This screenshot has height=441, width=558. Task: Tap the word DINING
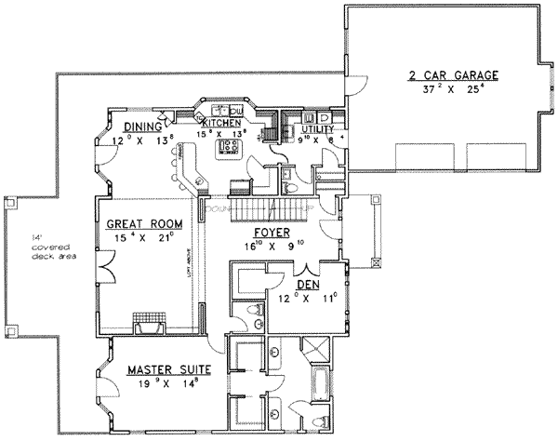pos(144,127)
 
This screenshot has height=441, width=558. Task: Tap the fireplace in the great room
pos(149,325)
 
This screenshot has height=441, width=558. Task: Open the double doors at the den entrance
pos(279,269)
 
